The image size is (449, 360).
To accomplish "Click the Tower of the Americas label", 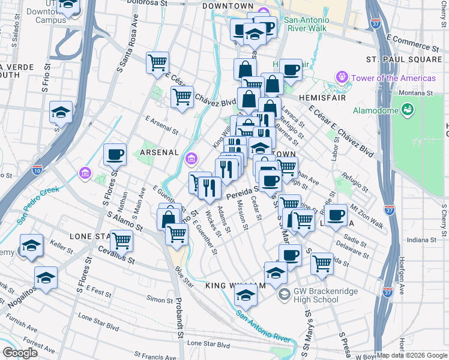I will (394, 78).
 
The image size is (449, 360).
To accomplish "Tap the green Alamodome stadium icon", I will (408, 109).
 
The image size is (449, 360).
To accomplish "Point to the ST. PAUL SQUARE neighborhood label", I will (404, 59).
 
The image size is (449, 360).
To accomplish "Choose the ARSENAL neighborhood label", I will (160, 152).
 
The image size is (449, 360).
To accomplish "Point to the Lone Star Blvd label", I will (208, 344).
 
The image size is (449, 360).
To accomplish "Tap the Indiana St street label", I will (419, 241).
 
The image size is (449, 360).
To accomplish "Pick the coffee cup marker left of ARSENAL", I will (115, 155).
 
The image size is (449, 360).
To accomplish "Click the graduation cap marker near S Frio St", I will (60, 112).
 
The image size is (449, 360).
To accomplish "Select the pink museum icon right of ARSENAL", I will (191, 158).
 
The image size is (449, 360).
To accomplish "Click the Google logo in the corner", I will (19, 353).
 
